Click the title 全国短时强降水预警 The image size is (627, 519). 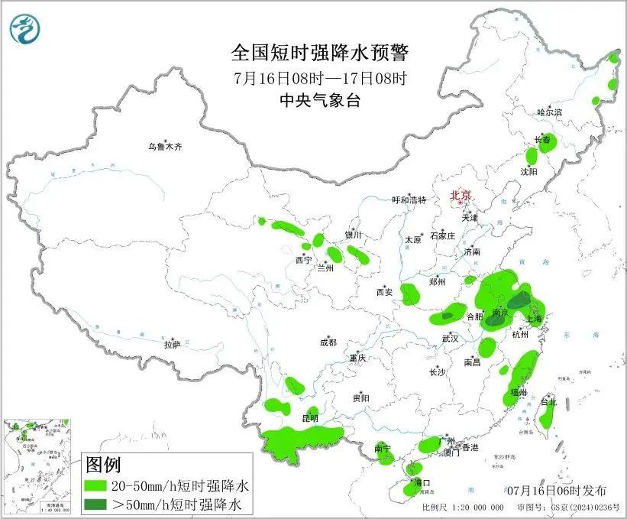(x=320, y=53)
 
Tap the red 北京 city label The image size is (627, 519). (x=461, y=195)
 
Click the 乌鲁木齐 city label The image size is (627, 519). (x=166, y=146)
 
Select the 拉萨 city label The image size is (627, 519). (x=172, y=345)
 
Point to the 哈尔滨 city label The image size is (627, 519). (x=548, y=112)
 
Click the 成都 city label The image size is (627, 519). (x=328, y=343)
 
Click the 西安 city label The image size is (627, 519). (x=383, y=291)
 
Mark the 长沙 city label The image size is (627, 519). (x=437, y=372)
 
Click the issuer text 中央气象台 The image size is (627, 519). (x=320, y=100)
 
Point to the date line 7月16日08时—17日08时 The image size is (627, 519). (x=320, y=77)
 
